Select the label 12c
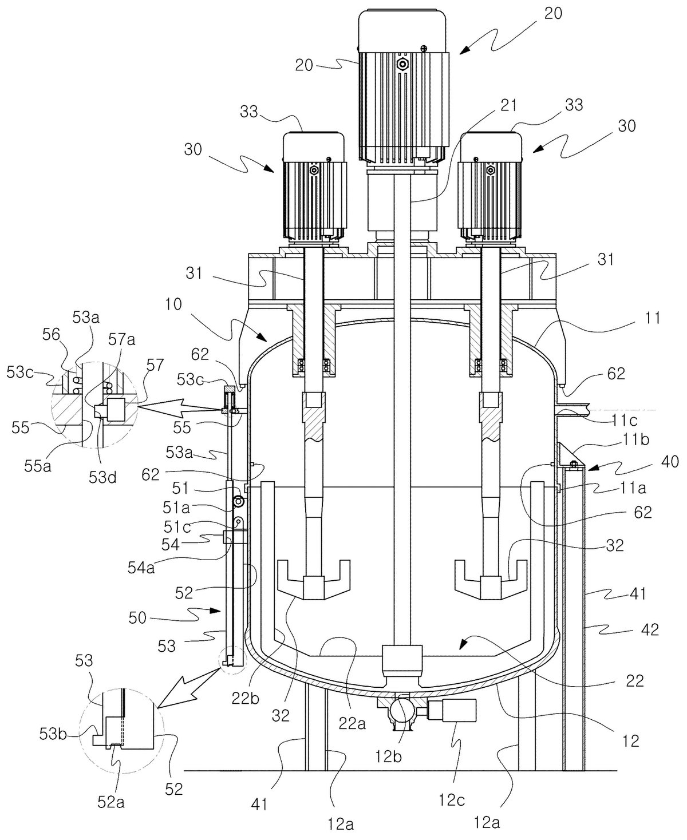[452, 799]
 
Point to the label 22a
[352, 723]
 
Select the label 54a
[141, 568]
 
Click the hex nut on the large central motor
[404, 64]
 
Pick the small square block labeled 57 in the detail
[115, 409]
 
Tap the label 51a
[176, 508]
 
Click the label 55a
[37, 466]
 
